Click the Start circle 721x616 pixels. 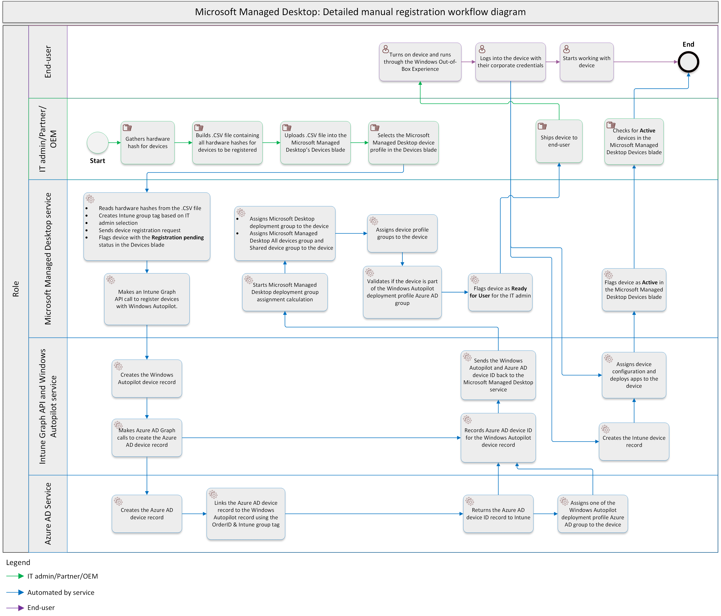click(97, 143)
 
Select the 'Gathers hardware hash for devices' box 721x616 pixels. click(147, 143)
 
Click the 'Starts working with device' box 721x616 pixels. click(586, 62)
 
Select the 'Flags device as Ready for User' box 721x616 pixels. click(500, 292)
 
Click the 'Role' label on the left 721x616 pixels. click(16, 288)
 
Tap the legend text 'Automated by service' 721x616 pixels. click(61, 592)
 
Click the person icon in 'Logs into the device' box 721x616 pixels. click(482, 49)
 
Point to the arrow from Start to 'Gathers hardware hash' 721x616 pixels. click(114, 143)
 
